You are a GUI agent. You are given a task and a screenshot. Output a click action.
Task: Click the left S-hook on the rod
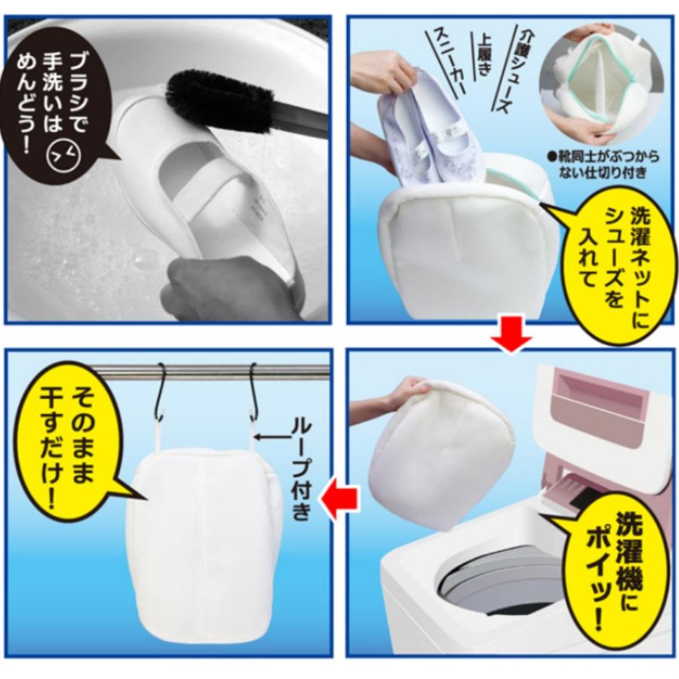[162, 392]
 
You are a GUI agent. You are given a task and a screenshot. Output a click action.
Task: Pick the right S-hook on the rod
[254, 392]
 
